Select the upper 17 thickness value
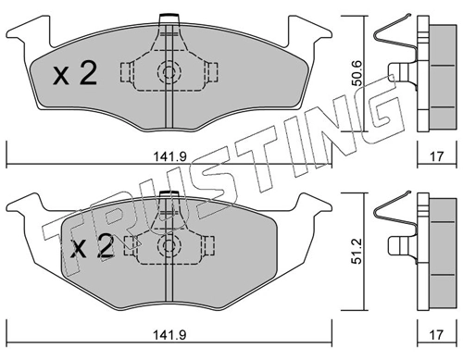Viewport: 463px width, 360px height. click(x=436, y=155)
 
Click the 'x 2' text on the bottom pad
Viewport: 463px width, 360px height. click(x=94, y=247)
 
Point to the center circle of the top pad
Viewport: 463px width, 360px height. click(x=169, y=72)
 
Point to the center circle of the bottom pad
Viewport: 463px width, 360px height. click(x=169, y=245)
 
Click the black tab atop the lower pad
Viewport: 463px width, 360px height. click(x=169, y=194)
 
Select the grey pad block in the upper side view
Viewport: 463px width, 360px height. click(x=436, y=74)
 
